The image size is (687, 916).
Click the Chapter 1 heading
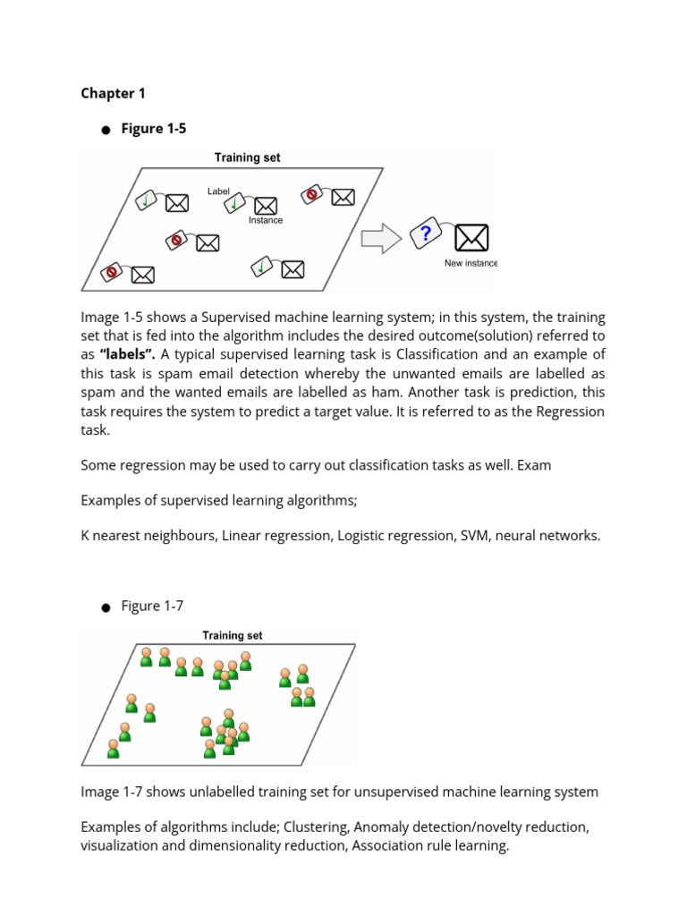pyautogui.click(x=113, y=93)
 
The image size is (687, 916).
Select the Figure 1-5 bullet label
pyautogui.click(x=154, y=129)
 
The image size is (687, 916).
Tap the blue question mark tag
pyautogui.click(x=425, y=234)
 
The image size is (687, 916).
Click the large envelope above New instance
pyautogui.click(x=471, y=238)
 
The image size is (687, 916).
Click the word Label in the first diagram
pyautogui.click(x=218, y=191)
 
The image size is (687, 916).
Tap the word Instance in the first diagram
pyautogui.click(x=266, y=220)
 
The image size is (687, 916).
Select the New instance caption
pyautogui.click(x=471, y=263)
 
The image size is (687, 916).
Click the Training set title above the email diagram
pyautogui.click(x=247, y=157)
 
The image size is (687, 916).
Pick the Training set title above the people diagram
pyautogui.click(x=233, y=635)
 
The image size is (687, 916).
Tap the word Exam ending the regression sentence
pyautogui.click(x=533, y=465)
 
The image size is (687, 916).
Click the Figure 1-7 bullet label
pyautogui.click(x=152, y=606)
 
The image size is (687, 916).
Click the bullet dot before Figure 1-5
pyautogui.click(x=106, y=131)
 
